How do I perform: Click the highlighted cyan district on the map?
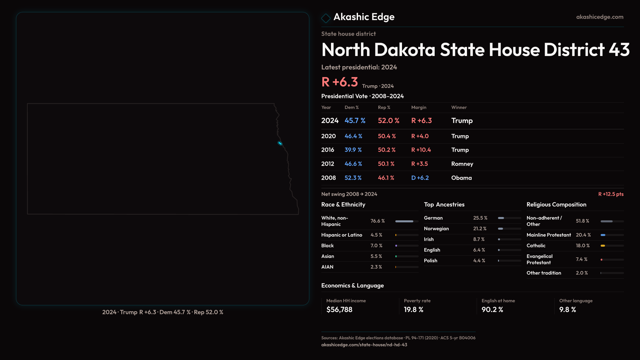click(280, 143)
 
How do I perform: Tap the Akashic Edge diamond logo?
click(326, 18)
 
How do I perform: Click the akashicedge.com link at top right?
click(600, 17)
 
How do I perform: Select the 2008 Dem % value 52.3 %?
click(353, 178)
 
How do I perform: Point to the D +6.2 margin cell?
click(420, 178)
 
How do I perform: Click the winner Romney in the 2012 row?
click(462, 164)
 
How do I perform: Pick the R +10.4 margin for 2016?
click(421, 150)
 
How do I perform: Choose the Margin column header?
click(419, 107)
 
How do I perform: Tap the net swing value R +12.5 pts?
click(611, 194)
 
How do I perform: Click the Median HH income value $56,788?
click(339, 310)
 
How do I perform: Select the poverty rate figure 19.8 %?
click(414, 310)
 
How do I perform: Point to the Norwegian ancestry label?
click(436, 229)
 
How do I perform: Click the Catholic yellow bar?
click(603, 246)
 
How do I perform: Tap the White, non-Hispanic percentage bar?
click(404, 221)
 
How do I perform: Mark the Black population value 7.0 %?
click(376, 246)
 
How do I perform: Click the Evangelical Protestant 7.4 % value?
click(582, 259)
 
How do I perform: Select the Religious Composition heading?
click(556, 205)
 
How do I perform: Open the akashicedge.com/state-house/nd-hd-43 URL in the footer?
click(364, 345)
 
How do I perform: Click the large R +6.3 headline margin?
click(340, 82)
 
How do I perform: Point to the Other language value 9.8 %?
click(568, 310)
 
